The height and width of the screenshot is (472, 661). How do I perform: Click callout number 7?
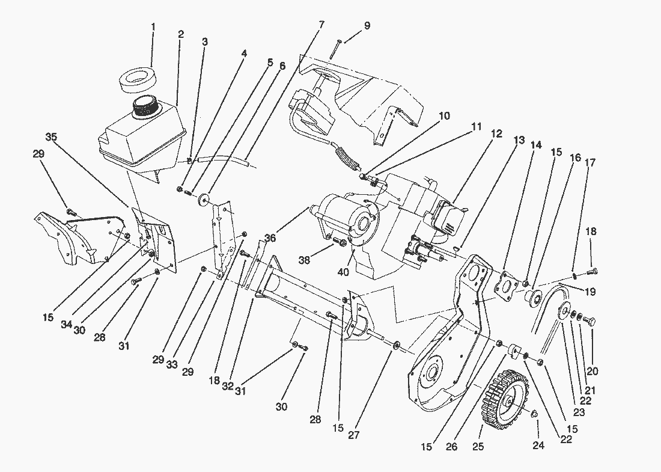[321, 25]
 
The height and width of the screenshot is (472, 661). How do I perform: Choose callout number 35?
[52, 137]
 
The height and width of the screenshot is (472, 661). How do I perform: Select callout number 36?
[269, 239]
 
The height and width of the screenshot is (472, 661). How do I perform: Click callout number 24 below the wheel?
[537, 446]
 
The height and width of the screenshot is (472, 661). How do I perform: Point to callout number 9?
[367, 26]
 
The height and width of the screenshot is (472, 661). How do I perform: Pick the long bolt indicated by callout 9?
[335, 49]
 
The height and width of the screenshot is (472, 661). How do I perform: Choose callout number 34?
[66, 325]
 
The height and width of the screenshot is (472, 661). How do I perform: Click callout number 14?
[535, 145]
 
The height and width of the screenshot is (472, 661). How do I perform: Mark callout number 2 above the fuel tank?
[180, 34]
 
